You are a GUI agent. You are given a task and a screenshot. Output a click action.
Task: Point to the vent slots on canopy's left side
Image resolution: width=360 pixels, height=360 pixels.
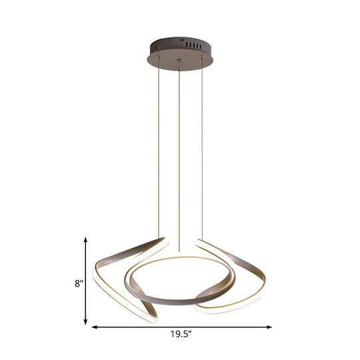157,49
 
